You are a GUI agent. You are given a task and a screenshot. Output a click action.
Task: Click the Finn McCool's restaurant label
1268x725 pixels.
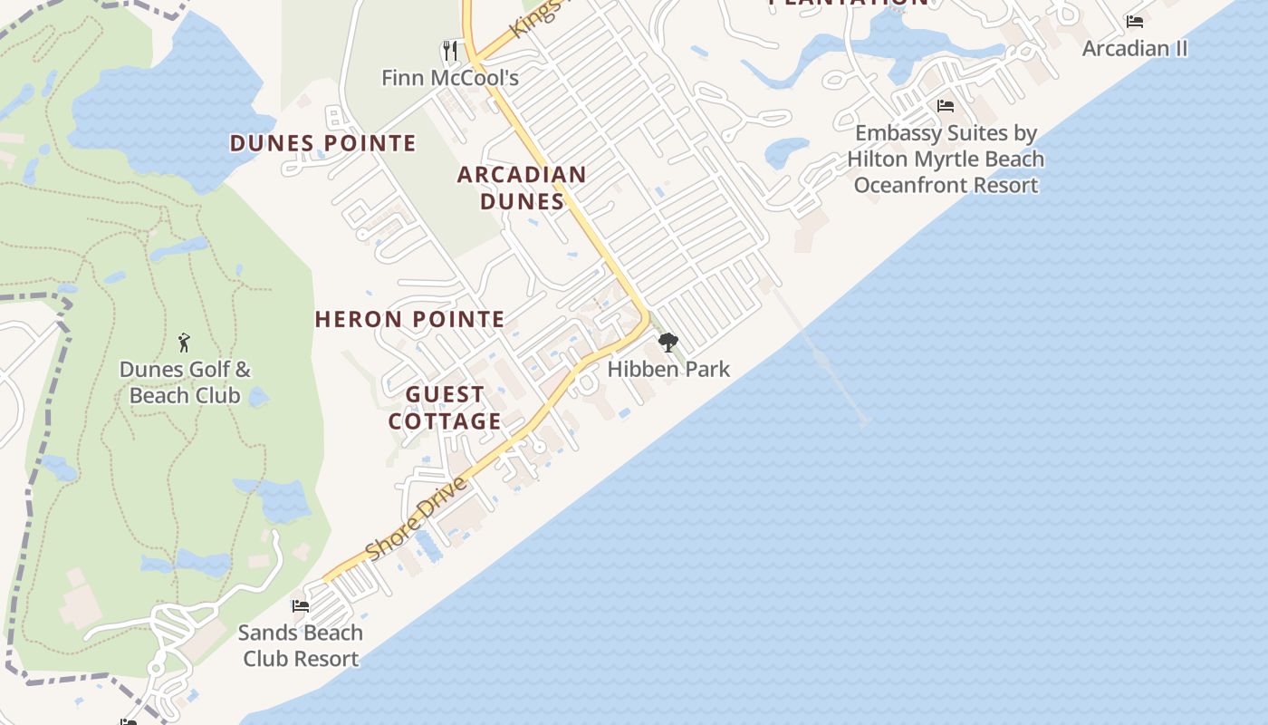click(x=449, y=78)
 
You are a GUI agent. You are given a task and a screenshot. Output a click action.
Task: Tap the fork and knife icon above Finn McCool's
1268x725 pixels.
click(x=449, y=50)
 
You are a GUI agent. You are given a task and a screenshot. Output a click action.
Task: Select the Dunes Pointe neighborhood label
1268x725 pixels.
click(x=322, y=143)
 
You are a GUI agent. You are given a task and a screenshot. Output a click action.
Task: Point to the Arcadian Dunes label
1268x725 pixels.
click(x=522, y=188)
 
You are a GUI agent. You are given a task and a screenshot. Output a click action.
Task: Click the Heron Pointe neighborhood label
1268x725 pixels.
click(x=409, y=319)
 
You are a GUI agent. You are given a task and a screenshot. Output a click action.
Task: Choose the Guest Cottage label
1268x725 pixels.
click(x=445, y=408)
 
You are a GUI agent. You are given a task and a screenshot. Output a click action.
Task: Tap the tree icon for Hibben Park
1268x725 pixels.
click(x=668, y=343)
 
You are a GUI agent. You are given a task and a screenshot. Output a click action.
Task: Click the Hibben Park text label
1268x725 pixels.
click(x=668, y=369)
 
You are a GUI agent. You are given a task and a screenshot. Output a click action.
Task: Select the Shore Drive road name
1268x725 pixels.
click(x=417, y=517)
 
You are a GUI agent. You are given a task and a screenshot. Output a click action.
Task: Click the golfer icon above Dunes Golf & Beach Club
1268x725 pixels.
click(x=185, y=343)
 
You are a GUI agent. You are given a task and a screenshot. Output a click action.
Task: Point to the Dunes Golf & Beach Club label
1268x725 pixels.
click(x=185, y=382)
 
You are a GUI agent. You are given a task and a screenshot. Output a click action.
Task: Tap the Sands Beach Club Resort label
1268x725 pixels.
click(x=301, y=645)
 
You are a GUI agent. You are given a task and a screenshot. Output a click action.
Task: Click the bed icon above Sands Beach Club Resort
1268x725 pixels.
click(x=301, y=605)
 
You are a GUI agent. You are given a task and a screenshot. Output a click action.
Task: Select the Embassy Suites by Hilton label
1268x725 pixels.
click(x=946, y=159)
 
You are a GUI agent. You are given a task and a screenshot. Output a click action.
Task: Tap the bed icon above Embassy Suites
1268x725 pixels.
click(x=946, y=106)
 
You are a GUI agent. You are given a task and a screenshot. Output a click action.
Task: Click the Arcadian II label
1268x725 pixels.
click(x=1134, y=48)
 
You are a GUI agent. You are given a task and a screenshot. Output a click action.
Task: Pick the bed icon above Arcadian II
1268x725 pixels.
click(x=1134, y=22)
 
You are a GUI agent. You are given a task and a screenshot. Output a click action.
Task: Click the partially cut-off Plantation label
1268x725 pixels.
click(x=849, y=3)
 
